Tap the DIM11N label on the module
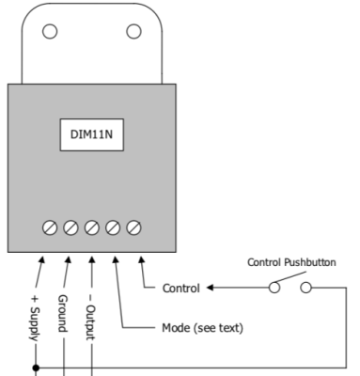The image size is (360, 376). (92, 134)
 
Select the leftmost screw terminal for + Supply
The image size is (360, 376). (50, 227)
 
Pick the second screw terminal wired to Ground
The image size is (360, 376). (70, 227)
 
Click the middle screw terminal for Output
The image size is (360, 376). (92, 227)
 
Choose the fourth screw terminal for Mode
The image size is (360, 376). (113, 227)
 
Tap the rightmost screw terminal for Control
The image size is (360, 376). (133, 227)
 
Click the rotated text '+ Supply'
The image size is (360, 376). (38, 317)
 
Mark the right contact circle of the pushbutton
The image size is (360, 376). (305, 287)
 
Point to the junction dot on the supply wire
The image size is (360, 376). (36, 368)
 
